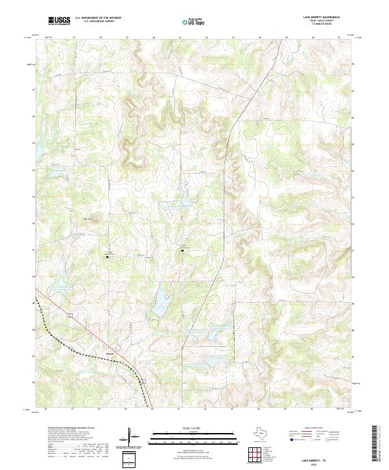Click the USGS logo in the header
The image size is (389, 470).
pos(60,21)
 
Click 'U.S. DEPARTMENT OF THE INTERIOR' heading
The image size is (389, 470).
pos(98,19)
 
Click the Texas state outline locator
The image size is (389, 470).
pos(264,434)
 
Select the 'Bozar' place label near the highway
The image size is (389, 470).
pos(109,354)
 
